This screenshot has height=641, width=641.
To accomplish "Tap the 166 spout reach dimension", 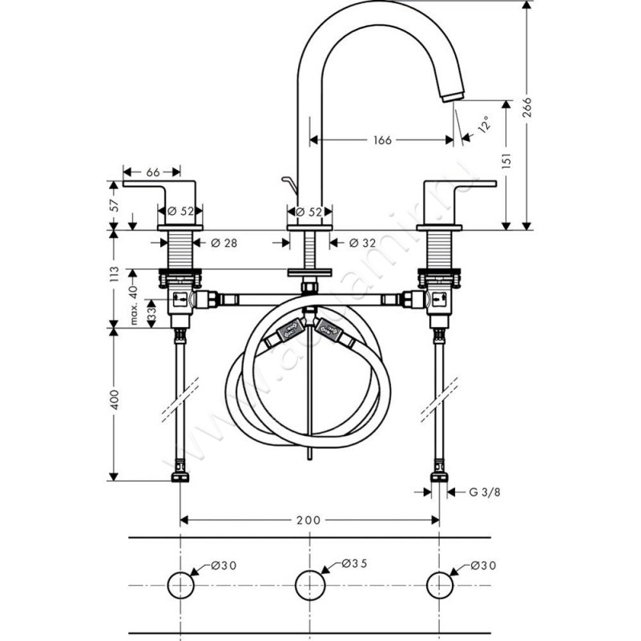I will click(382, 140).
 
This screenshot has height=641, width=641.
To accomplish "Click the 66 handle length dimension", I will click(153, 171).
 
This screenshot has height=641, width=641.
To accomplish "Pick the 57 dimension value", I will click(115, 205).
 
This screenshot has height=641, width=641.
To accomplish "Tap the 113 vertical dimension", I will click(115, 276).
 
